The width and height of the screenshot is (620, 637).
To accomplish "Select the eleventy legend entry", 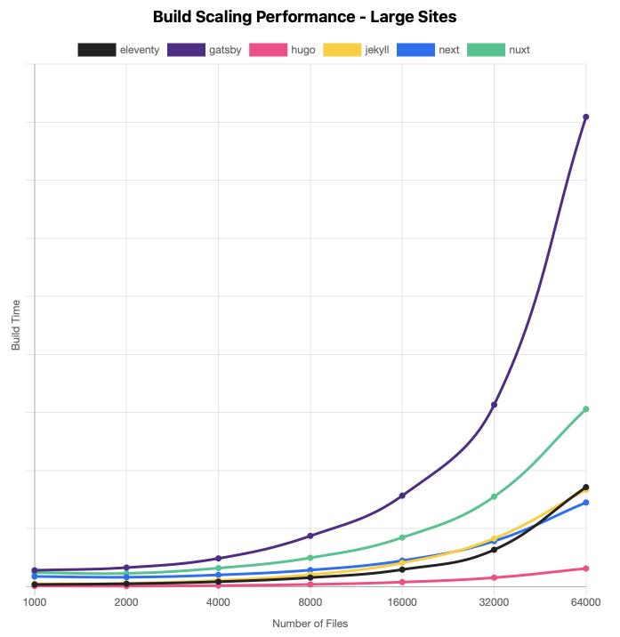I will point(118,50).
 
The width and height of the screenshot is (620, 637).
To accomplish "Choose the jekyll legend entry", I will point(356,50).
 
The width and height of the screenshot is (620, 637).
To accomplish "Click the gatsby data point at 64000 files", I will point(586,117).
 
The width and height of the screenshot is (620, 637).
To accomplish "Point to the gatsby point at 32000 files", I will point(495,405).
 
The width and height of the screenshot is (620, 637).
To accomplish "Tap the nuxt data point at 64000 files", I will point(586,409).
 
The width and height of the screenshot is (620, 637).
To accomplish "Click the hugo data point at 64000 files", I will point(586,568).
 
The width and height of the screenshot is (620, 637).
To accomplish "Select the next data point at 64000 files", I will point(586,503).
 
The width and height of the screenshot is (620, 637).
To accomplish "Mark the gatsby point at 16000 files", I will point(402,496).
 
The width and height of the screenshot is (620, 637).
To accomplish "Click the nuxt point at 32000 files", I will point(495,496).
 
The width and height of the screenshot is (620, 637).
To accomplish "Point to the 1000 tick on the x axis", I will point(35,602).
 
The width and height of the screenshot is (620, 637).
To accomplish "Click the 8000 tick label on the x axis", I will point(310,602).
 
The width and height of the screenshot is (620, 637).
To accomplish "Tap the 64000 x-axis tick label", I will point(586,602).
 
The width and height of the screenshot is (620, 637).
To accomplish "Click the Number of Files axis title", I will point(310,624).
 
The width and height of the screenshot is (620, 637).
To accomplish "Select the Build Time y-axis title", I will point(16,325).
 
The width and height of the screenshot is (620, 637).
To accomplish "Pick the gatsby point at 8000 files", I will point(310,536).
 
